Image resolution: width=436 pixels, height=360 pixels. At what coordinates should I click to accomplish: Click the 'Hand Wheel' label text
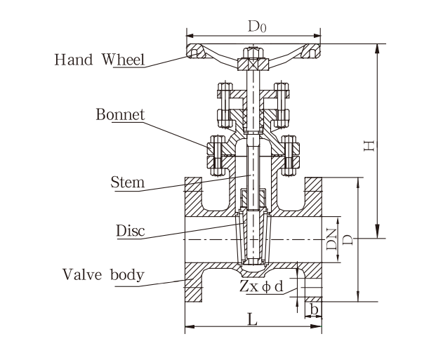click(100, 59)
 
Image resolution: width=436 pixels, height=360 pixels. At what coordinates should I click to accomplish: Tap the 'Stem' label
click(127, 183)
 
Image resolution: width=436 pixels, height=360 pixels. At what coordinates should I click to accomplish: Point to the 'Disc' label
click(129, 230)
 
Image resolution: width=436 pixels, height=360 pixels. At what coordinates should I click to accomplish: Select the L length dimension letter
click(253, 318)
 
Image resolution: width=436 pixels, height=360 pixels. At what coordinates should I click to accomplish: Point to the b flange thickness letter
click(315, 308)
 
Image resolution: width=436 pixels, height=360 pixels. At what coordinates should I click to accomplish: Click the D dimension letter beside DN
click(348, 240)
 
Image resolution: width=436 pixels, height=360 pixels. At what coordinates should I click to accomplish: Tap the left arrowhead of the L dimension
click(187, 326)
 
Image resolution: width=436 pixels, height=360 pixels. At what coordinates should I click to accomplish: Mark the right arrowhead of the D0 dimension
click(320, 34)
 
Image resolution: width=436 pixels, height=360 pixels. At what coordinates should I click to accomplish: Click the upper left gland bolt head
click(225, 89)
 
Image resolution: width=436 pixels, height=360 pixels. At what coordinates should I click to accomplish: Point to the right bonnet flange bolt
click(291, 155)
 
